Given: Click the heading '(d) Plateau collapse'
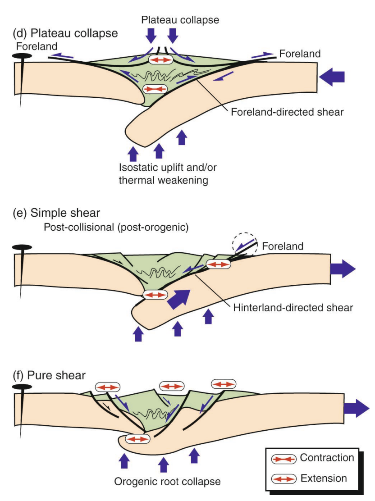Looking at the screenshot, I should pos(66,33).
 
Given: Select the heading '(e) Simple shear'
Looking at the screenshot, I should pos(56,213).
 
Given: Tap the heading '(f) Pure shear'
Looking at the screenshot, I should pos(50,374).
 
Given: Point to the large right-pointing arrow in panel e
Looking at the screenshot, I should pos(343,269).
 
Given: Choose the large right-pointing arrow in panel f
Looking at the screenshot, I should pos(356,409).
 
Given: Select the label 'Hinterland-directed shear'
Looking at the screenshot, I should pos(293,308).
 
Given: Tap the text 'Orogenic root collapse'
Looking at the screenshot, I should pos(167,481).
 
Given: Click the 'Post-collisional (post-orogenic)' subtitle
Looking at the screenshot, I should pos(116,227).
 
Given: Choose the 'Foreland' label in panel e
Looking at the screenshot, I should pos(283,246).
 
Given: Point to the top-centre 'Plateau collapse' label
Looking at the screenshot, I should pos(180,20).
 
